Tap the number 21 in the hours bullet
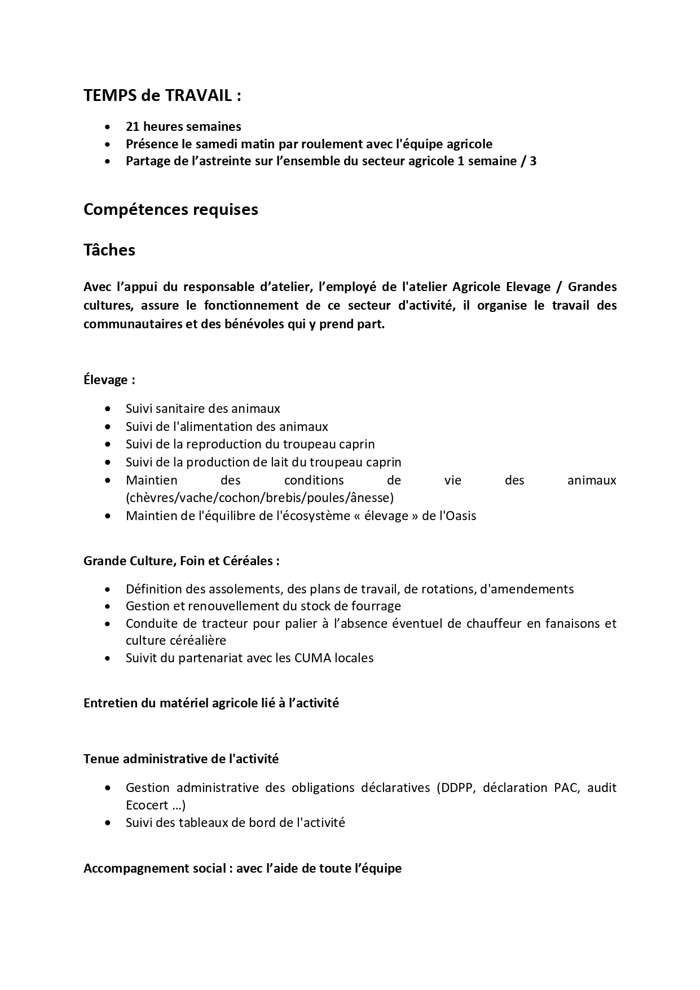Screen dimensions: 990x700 [x=133, y=126]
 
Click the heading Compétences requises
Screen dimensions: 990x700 [x=170, y=209]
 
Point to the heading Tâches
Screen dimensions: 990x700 [x=109, y=250]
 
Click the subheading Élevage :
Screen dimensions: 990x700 [x=109, y=380]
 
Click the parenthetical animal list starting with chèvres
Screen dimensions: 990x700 [x=259, y=498]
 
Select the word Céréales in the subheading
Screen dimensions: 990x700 [x=250, y=561]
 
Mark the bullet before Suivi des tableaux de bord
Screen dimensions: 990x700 [x=108, y=823]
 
